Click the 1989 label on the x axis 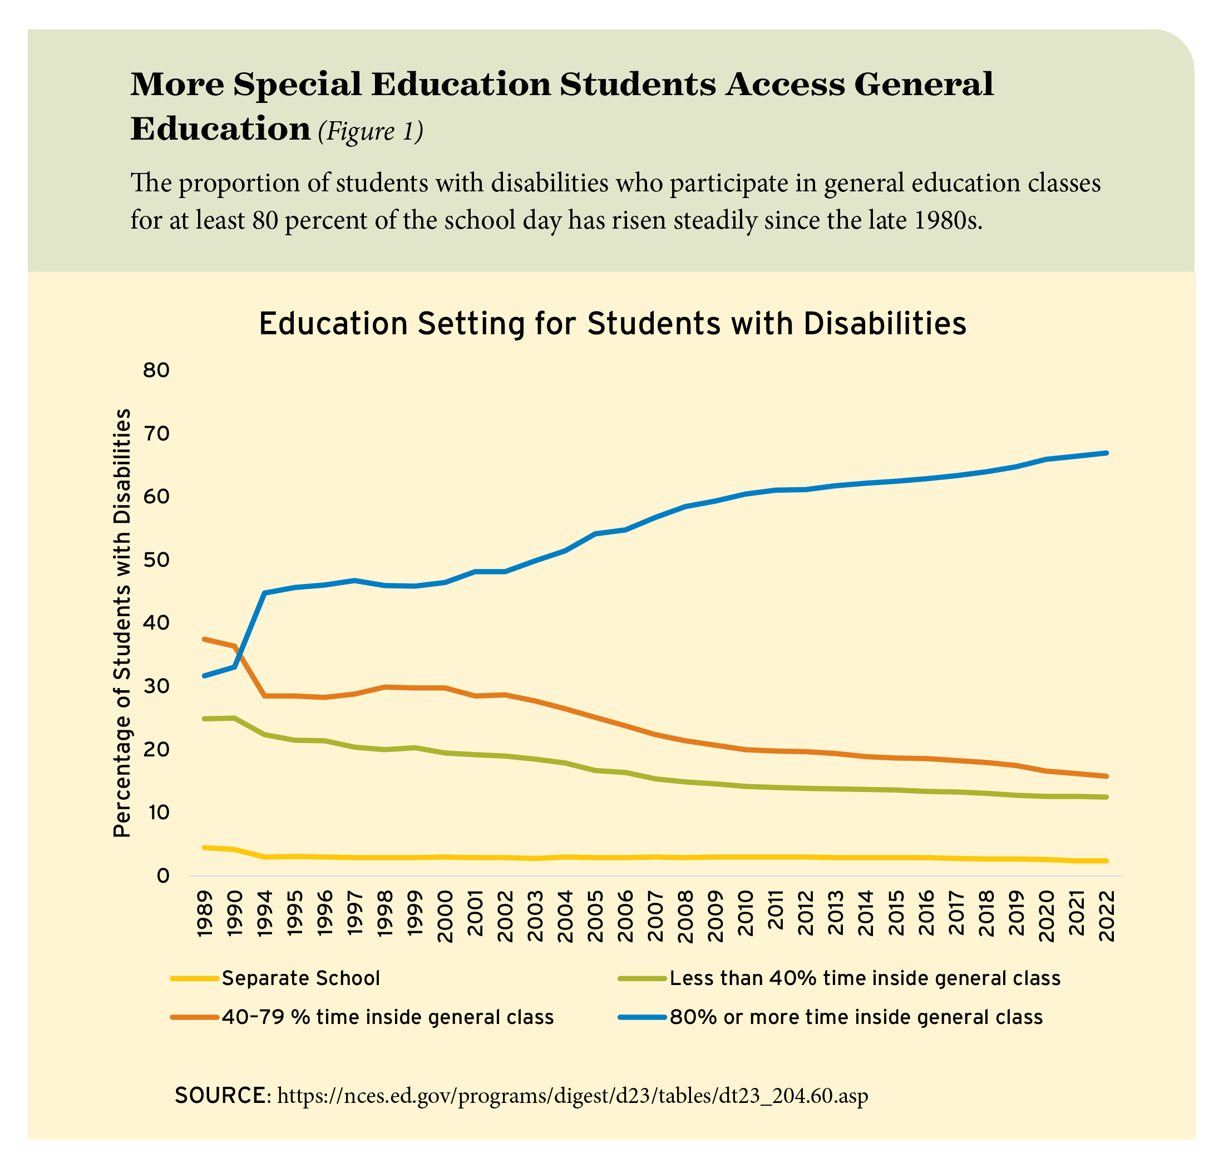(x=204, y=914)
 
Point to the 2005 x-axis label (x=595, y=914)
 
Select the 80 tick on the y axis (x=156, y=371)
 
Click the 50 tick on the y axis (x=156, y=560)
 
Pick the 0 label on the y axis (x=163, y=876)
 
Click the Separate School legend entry (x=300, y=978)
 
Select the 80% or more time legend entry (x=856, y=1017)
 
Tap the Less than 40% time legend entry (x=865, y=978)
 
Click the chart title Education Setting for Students (x=613, y=324)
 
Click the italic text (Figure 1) (x=370, y=131)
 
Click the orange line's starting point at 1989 (x=204, y=639)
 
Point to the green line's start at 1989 (x=204, y=719)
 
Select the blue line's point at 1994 (x=265, y=593)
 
